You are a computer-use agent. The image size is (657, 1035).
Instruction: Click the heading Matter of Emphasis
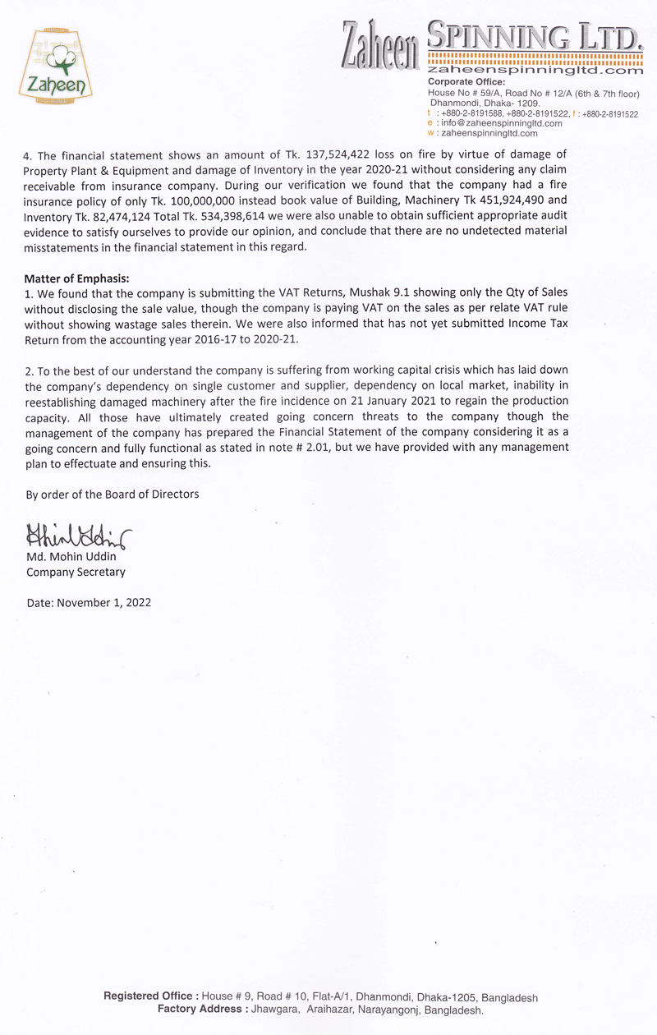coord(77,277)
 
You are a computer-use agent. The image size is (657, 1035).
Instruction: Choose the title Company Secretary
coord(76,572)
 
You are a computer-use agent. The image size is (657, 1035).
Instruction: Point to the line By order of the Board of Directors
coord(112,494)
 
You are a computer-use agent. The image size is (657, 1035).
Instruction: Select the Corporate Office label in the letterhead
coord(466,82)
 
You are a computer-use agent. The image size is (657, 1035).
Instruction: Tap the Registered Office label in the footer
coord(151,996)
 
